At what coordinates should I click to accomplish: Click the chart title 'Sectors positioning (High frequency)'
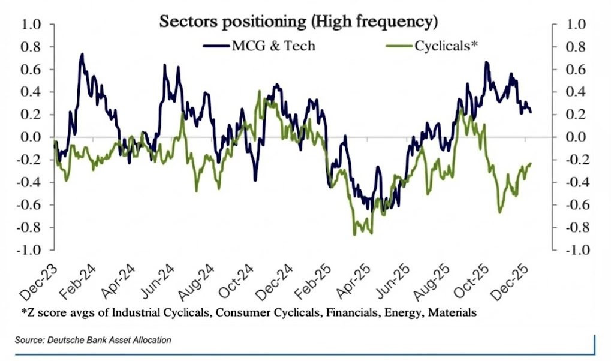point(298,22)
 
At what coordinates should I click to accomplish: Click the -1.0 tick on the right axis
point(576,250)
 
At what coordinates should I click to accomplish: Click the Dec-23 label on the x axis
point(36,281)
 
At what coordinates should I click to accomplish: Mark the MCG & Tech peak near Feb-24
point(82,54)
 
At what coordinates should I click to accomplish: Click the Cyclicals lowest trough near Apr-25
point(354,234)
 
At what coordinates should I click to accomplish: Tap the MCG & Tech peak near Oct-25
point(486,62)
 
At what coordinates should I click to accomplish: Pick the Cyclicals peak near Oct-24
point(259,91)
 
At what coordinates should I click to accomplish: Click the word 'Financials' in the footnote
point(335,312)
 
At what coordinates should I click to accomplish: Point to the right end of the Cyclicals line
point(531,163)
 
